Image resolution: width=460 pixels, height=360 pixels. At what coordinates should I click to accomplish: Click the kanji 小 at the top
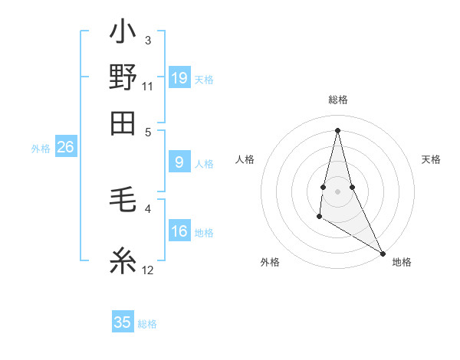click(x=123, y=33)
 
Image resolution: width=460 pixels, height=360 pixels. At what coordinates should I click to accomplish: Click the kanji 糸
click(x=123, y=262)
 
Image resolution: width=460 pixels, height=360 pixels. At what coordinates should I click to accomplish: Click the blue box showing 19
click(x=179, y=78)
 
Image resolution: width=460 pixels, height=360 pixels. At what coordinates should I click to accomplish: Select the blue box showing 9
click(x=179, y=162)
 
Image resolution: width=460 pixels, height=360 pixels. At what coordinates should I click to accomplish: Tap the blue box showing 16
click(x=179, y=232)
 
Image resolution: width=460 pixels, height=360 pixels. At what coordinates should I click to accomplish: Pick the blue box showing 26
click(x=65, y=148)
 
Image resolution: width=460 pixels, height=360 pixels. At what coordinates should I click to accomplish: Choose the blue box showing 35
click(x=123, y=322)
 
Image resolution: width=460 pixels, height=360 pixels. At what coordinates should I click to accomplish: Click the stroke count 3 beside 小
click(x=148, y=40)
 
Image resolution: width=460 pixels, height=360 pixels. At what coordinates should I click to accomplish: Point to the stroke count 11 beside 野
click(x=148, y=85)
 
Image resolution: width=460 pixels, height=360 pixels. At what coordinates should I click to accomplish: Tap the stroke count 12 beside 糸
click(x=148, y=270)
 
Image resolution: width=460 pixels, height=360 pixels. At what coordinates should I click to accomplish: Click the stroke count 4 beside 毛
click(x=148, y=208)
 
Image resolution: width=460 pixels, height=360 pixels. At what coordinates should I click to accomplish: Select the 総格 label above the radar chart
click(x=338, y=100)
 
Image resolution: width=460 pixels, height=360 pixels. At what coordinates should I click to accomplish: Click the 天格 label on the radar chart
click(x=431, y=159)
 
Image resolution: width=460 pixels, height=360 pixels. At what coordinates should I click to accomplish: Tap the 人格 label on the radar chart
click(x=245, y=159)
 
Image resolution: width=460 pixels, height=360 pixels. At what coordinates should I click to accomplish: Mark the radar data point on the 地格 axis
click(x=383, y=253)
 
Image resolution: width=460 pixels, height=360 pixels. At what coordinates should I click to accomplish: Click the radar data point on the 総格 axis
click(x=338, y=129)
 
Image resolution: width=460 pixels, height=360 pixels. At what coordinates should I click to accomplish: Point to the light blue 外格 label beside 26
click(x=41, y=149)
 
